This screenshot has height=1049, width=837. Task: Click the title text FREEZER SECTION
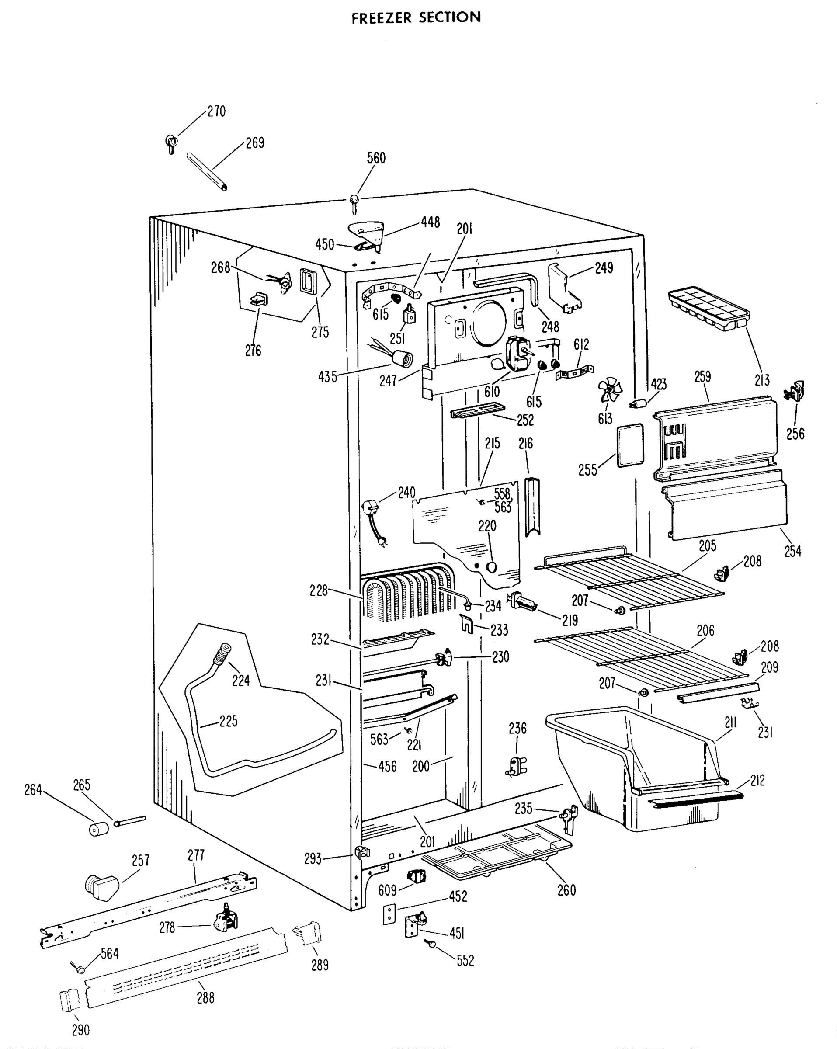click(416, 18)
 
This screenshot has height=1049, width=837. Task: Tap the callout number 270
click(216, 111)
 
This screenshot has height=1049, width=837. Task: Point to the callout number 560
click(376, 158)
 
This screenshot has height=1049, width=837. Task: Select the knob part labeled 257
click(101, 887)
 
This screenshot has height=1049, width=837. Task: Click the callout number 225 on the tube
click(228, 721)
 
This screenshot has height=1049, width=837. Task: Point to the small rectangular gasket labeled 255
click(630, 445)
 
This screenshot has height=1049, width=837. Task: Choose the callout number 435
click(327, 377)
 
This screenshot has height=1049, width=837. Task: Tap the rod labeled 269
click(207, 172)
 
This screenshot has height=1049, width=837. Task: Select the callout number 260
click(566, 890)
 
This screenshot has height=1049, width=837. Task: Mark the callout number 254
click(793, 551)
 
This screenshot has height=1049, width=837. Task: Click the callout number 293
click(313, 859)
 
